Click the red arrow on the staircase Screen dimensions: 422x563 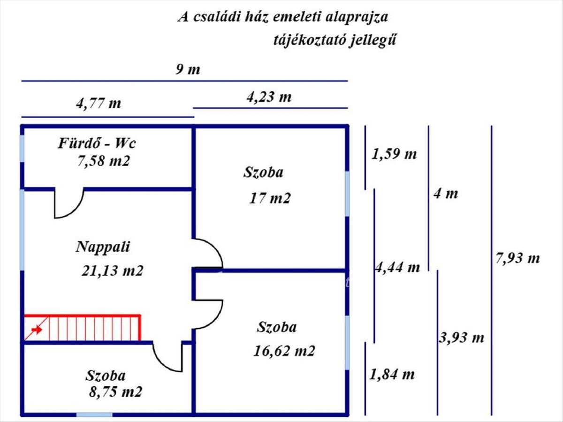(36, 330)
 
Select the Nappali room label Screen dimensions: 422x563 (103, 247)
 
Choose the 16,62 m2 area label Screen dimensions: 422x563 (284, 351)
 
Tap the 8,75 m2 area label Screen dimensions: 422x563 (115, 392)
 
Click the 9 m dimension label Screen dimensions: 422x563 (188, 70)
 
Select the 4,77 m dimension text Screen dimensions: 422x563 (98, 103)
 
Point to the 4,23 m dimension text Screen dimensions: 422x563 (268, 97)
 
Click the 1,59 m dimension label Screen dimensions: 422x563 (394, 154)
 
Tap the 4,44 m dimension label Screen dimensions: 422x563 (397, 267)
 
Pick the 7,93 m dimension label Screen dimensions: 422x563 (517, 258)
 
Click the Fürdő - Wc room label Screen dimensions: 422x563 (97, 143)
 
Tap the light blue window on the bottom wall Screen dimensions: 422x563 (94, 414)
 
